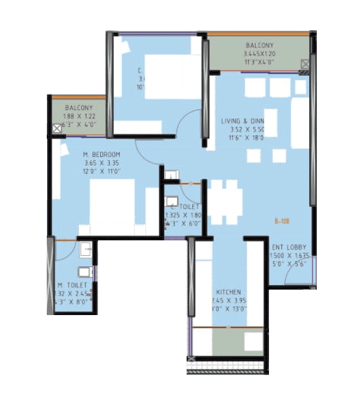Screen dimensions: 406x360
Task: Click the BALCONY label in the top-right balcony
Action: tap(259, 45)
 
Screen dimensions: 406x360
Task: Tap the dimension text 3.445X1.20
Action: tap(259, 53)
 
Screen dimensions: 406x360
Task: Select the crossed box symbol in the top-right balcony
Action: tap(305, 65)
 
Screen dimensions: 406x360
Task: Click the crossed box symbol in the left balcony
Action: tap(56, 129)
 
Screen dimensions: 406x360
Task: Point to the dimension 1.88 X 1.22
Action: tap(79, 116)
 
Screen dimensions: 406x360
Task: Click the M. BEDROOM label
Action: tap(102, 154)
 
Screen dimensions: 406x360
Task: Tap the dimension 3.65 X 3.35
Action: tap(102, 163)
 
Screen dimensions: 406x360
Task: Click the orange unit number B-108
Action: tap(282, 221)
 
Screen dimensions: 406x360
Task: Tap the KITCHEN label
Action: tap(228, 292)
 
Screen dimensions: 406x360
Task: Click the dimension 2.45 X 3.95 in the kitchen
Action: tap(228, 300)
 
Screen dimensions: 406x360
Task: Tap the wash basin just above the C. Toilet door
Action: tap(171, 175)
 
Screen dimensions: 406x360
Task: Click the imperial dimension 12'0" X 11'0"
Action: tap(102, 172)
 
